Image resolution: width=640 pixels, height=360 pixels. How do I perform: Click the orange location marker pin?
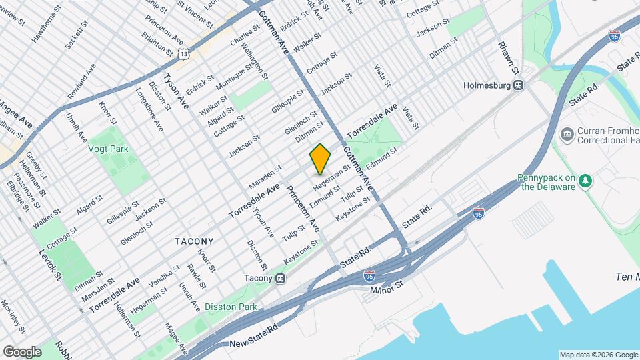321,159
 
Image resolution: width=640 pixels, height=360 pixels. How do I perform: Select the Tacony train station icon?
281,278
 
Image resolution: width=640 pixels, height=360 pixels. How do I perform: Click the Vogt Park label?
108,149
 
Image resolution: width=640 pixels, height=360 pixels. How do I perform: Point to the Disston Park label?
231,307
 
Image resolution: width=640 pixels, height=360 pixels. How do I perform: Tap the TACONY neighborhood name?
194,241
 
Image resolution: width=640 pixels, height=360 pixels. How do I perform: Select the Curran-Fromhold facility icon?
567,135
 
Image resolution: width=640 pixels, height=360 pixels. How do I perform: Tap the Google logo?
22,351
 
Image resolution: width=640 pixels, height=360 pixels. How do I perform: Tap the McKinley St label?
13,316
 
